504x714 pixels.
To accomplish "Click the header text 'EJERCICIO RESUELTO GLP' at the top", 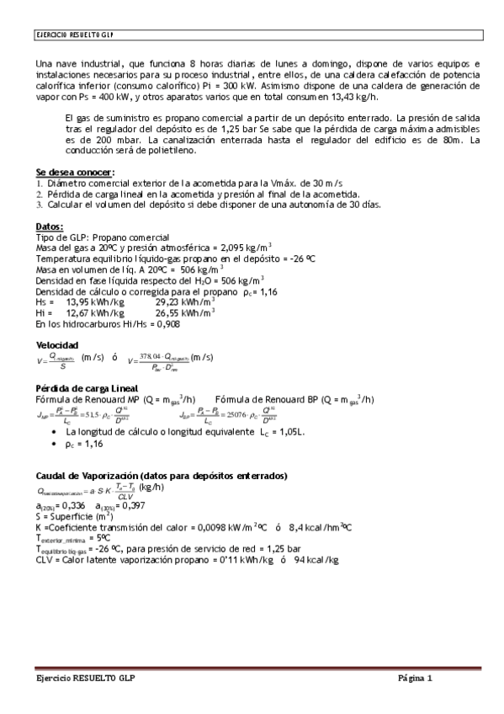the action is click(x=75, y=35).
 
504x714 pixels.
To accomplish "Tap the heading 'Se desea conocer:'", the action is click(x=75, y=173).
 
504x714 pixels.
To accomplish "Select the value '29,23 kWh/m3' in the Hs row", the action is click(x=185, y=301).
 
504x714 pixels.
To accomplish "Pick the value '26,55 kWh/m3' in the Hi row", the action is click(x=185, y=312).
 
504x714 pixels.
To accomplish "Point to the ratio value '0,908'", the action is click(x=168, y=323).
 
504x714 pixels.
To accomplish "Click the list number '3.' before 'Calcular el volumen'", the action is click(x=40, y=205).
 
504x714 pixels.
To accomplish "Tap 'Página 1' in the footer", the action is click(x=416, y=679).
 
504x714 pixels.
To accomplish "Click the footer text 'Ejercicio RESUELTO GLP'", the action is click(x=82, y=679).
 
